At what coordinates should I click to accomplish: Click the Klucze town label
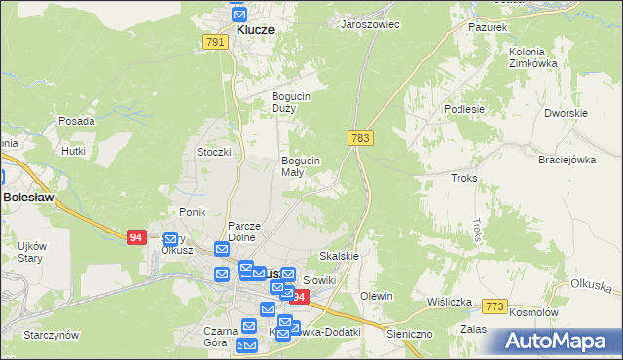255,30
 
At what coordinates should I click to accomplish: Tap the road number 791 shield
216,42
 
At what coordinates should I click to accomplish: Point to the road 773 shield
495,306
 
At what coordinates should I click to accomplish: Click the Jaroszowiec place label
370,24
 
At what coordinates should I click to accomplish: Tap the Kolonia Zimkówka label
532,57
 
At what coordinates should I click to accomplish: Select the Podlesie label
464,109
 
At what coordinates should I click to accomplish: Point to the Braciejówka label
567,160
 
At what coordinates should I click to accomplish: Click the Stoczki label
213,152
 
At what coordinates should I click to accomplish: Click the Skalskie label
340,256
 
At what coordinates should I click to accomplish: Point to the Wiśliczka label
450,302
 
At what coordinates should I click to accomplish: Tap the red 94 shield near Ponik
136,236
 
